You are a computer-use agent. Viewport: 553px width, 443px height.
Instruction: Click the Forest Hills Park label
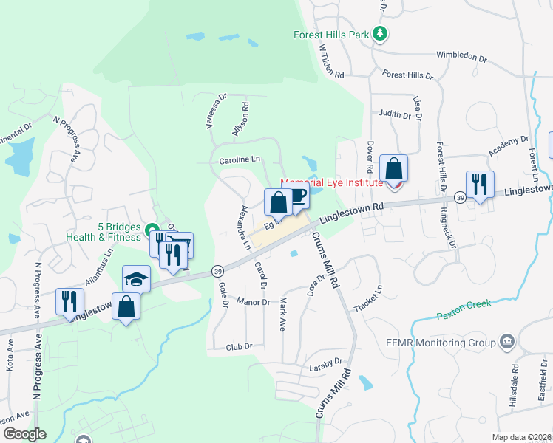(331, 35)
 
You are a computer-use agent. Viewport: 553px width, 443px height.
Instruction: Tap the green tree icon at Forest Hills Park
(380, 34)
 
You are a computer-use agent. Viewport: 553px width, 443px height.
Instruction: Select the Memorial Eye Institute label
(331, 182)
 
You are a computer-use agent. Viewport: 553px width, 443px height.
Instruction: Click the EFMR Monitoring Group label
(450, 343)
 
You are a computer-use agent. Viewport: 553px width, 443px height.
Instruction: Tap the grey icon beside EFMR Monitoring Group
(508, 341)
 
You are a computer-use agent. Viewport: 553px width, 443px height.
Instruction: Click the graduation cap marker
(136, 279)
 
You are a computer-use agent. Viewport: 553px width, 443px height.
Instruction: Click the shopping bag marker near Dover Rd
(393, 168)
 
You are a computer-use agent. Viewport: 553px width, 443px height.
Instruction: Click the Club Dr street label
(239, 346)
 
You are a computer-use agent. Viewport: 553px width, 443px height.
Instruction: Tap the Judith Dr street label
(395, 114)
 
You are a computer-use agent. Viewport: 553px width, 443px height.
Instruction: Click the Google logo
(24, 434)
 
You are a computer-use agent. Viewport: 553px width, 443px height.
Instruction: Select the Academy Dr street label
(509, 146)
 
